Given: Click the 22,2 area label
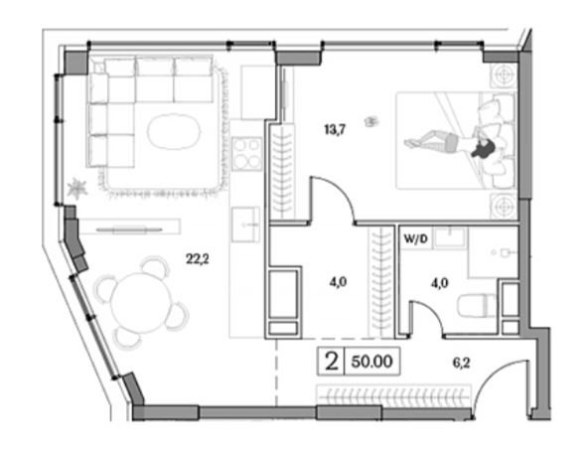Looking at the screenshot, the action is pos(198,258).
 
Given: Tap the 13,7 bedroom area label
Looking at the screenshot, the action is pos(335,130).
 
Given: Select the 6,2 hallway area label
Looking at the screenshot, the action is pos(461,363).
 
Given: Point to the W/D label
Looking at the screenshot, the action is pos(415,239).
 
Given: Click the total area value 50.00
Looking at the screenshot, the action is pos(372,362).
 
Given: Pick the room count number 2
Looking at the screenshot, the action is pos(332,362).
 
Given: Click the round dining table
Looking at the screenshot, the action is pos(141,303).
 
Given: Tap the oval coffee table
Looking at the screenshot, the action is pos(174,131).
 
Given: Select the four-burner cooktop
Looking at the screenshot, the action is pos(246,154).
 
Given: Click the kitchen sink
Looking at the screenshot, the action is pos(246,225).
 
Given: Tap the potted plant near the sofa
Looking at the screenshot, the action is pos(77,188).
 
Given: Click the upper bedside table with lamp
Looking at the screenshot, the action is pos(503,76).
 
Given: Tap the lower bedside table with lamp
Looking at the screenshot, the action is pos(503,206).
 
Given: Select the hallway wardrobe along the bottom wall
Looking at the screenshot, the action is pos(393,395).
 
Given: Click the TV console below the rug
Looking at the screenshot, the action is pos(129,226).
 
